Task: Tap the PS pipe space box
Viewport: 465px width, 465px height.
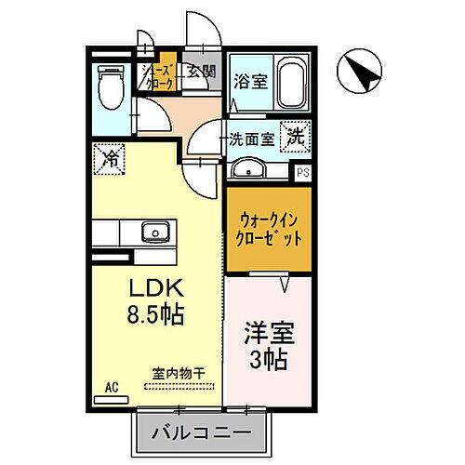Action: (x=302, y=172)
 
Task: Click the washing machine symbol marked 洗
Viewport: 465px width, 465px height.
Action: (x=294, y=135)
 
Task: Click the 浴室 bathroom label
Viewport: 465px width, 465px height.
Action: (x=251, y=80)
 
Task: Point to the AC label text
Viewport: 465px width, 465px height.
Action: (x=112, y=386)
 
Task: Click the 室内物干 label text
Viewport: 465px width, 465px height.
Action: (x=179, y=374)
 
